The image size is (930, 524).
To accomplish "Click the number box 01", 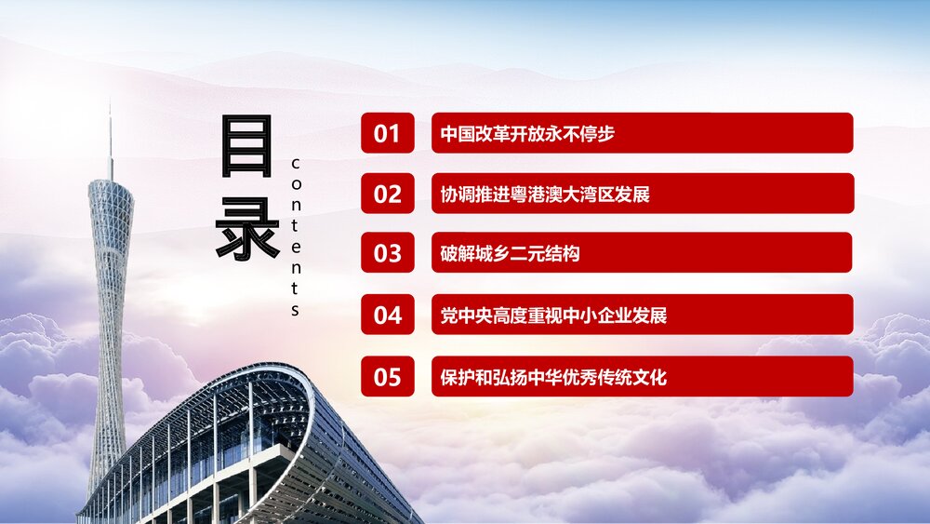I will pyautogui.click(x=387, y=133).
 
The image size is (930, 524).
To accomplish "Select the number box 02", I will pyautogui.click(x=387, y=194).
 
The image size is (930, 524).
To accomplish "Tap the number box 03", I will pyautogui.click(x=387, y=252).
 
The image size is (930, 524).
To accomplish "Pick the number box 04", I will pyautogui.click(x=387, y=315).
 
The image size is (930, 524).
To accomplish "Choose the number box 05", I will pyautogui.click(x=387, y=377).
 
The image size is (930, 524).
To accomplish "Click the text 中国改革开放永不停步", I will pyautogui.click(x=527, y=133).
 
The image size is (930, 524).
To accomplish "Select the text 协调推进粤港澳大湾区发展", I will pyautogui.click(x=545, y=194).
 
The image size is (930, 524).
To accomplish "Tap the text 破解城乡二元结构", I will pyautogui.click(x=511, y=252).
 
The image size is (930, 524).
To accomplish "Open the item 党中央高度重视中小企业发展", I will pyautogui.click(x=553, y=315).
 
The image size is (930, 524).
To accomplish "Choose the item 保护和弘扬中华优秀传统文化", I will pyautogui.click(x=553, y=377).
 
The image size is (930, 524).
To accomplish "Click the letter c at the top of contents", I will pyautogui.click(x=296, y=164).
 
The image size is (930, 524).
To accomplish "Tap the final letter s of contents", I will pyautogui.click(x=296, y=310).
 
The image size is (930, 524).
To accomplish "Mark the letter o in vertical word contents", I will pyautogui.click(x=296, y=183).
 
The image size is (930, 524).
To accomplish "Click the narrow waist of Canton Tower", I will pyautogui.click(x=110, y=270).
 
